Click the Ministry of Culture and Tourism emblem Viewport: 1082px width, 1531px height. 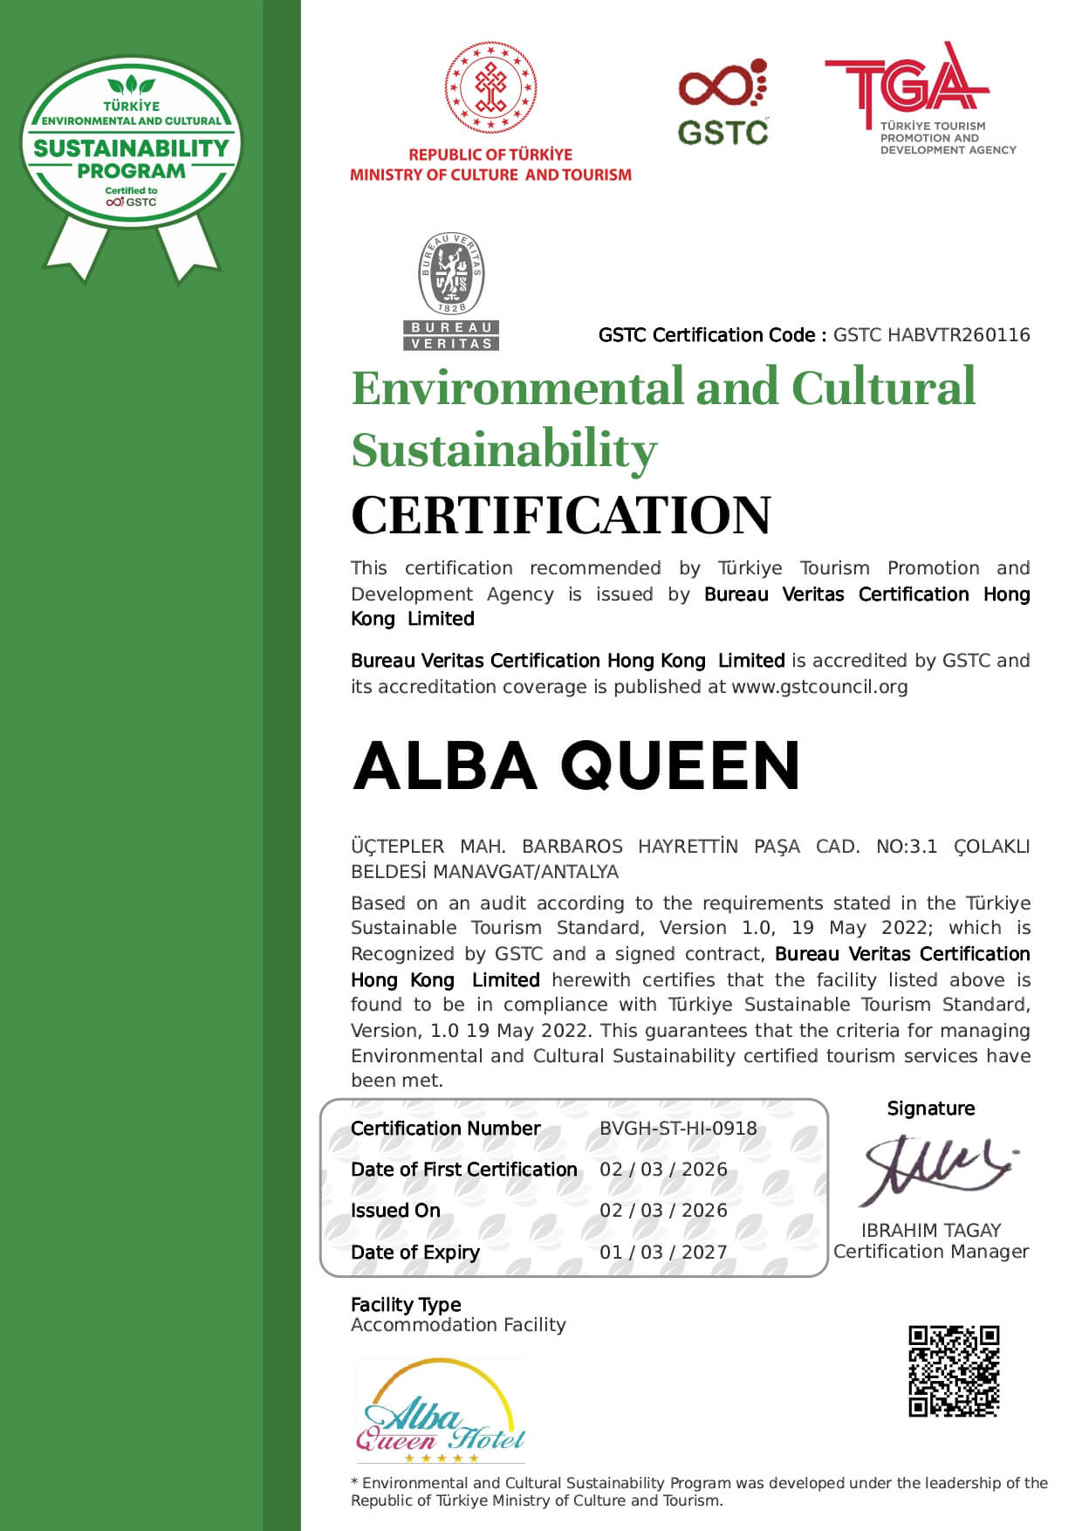(x=490, y=87)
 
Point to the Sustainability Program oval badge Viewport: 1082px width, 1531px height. (x=131, y=144)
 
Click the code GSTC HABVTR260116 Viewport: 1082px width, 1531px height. (x=931, y=335)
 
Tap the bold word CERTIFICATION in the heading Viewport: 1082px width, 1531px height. (x=561, y=515)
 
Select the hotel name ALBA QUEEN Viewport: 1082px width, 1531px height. (x=577, y=765)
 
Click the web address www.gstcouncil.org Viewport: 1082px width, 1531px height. (x=819, y=687)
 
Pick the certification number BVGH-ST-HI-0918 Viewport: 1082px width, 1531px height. (x=678, y=1129)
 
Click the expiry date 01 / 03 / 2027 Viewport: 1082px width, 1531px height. (x=663, y=1253)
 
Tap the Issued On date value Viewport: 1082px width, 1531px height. (x=663, y=1211)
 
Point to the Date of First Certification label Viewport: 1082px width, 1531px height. (x=464, y=1170)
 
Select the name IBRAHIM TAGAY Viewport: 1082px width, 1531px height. (x=931, y=1231)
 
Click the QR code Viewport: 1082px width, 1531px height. (x=954, y=1371)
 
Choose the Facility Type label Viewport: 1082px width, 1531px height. (x=406, y=1305)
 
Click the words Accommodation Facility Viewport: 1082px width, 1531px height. (x=458, y=1326)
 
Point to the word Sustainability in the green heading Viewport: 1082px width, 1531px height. (x=504, y=450)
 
